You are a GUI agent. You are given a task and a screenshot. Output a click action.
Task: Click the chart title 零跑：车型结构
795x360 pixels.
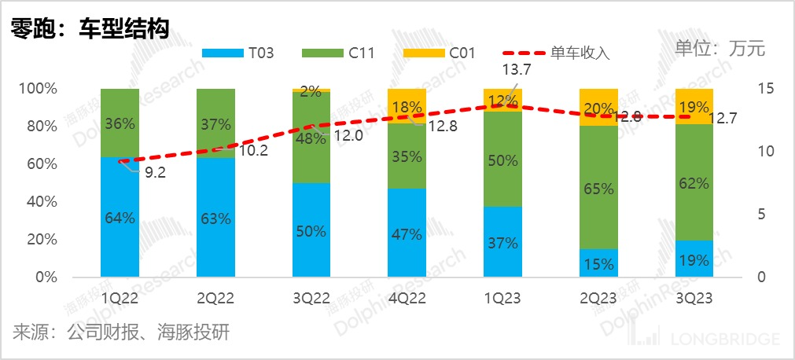point(89,28)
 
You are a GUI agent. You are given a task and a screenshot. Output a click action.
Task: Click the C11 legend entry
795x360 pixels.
point(348,53)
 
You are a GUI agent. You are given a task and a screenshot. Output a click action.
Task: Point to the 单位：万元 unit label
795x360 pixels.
point(720,48)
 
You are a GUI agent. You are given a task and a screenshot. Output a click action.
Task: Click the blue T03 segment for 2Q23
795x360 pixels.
point(599,264)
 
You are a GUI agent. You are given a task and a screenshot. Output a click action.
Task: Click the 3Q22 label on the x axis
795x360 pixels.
point(311,299)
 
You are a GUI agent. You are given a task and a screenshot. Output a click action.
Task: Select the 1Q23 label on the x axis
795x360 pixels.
point(502,299)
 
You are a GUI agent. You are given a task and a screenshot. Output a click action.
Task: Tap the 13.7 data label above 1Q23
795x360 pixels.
point(521,70)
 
